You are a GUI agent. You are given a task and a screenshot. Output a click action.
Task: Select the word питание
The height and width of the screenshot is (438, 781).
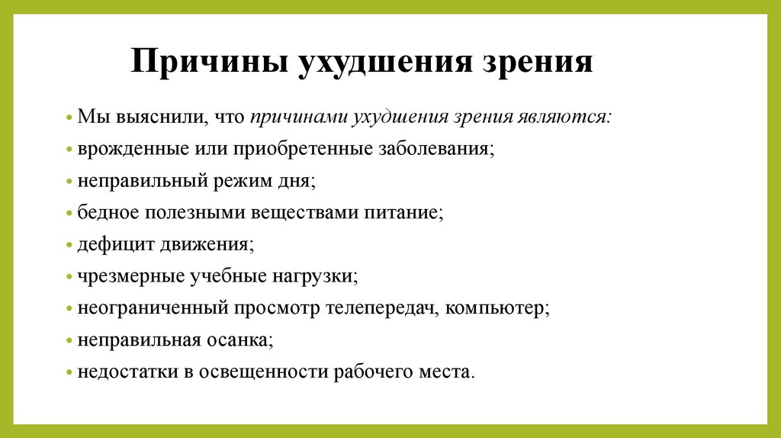406,213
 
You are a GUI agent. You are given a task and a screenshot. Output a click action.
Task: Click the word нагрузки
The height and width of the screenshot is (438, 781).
315,277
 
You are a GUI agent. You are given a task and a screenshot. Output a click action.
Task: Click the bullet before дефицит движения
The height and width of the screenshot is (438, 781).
69,246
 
